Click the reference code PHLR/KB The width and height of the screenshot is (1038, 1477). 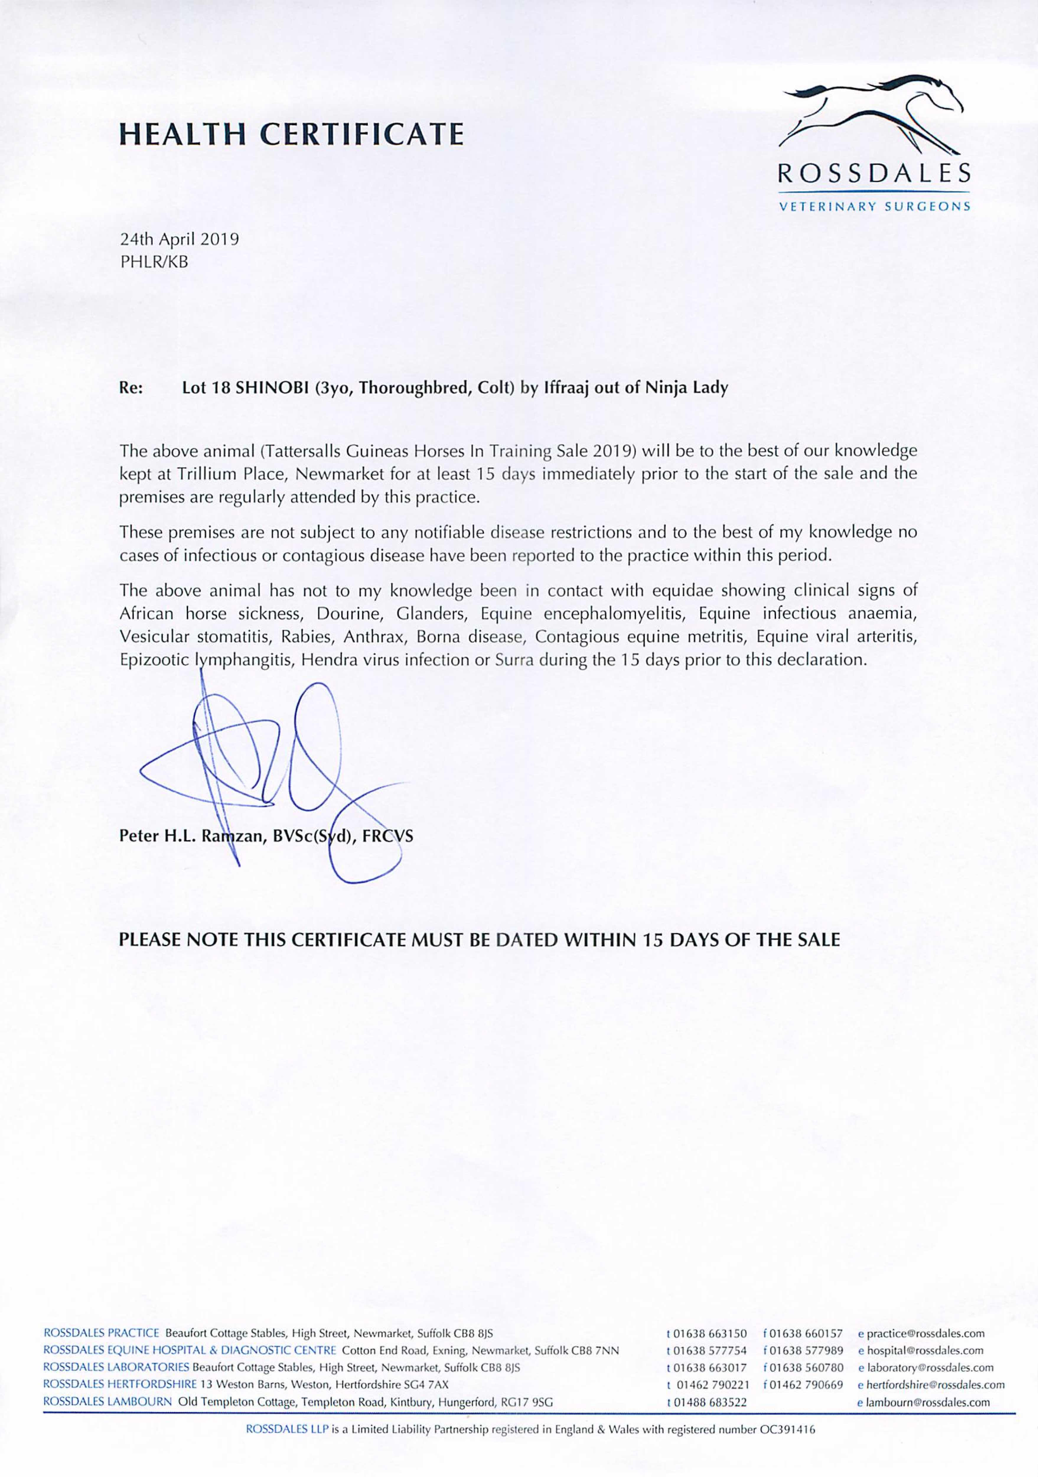click(x=154, y=262)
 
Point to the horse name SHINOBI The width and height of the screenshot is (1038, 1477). click(x=273, y=388)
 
